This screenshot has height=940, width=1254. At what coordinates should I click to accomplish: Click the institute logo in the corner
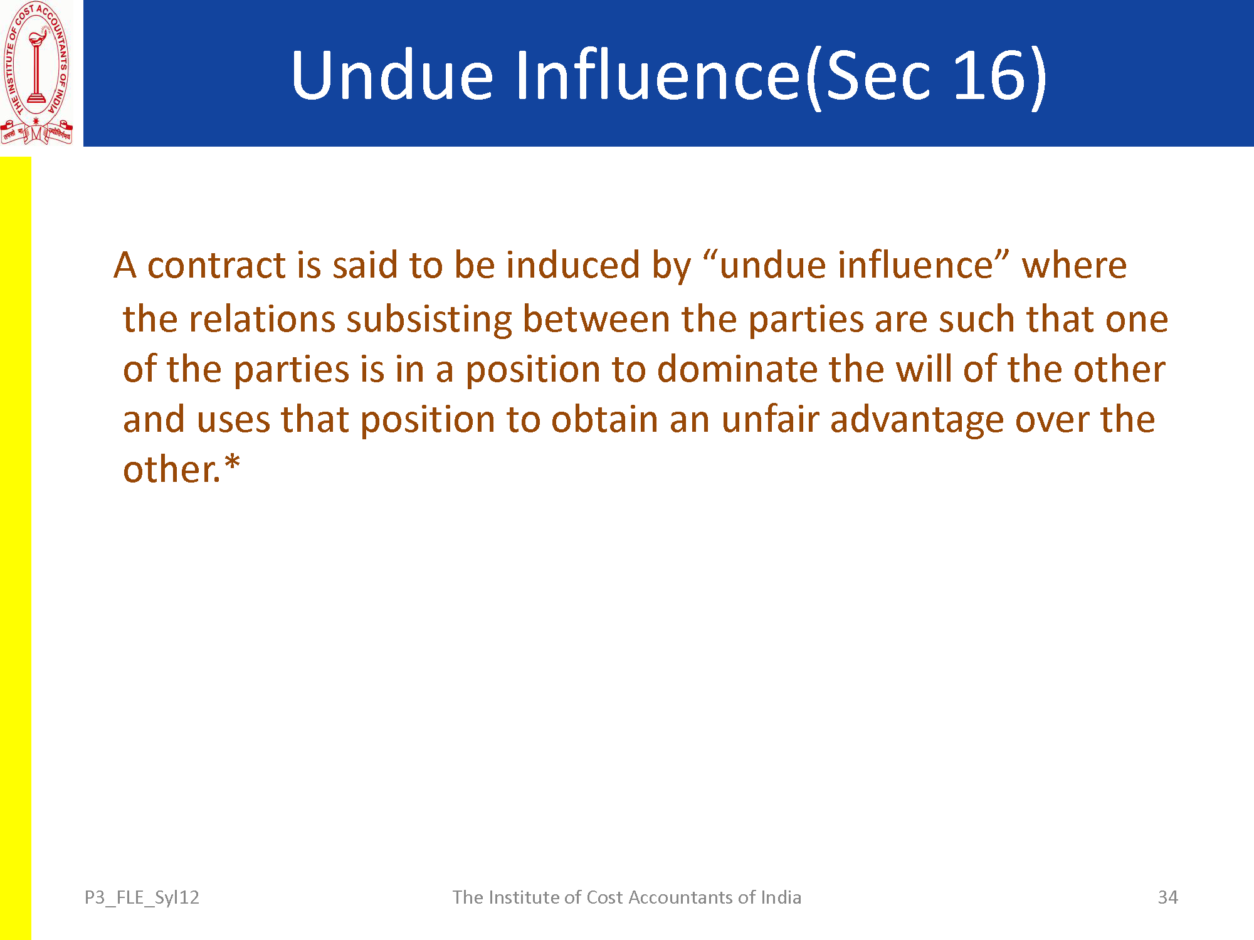click(36, 73)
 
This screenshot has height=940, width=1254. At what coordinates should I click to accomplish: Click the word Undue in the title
click(393, 75)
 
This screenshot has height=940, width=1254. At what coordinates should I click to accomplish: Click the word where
click(1074, 265)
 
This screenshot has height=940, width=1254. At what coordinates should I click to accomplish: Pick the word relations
click(262, 319)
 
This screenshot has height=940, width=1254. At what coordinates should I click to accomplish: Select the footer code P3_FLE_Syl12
click(142, 898)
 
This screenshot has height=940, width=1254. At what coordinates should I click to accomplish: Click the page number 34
click(1167, 897)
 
